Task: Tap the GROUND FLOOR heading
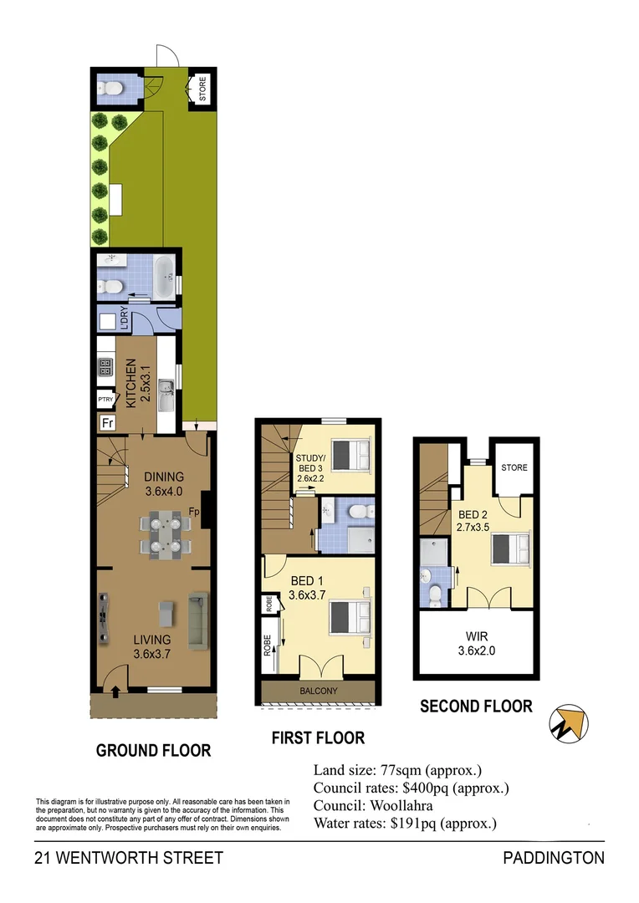153,750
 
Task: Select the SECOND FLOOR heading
476,706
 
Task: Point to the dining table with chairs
165,536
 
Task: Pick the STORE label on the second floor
514,467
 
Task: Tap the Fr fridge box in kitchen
107,423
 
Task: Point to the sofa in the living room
197,620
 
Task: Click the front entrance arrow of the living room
114,690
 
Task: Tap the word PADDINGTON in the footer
553,858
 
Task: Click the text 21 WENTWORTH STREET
129,858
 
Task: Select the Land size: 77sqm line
397,770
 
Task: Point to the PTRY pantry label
106,400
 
